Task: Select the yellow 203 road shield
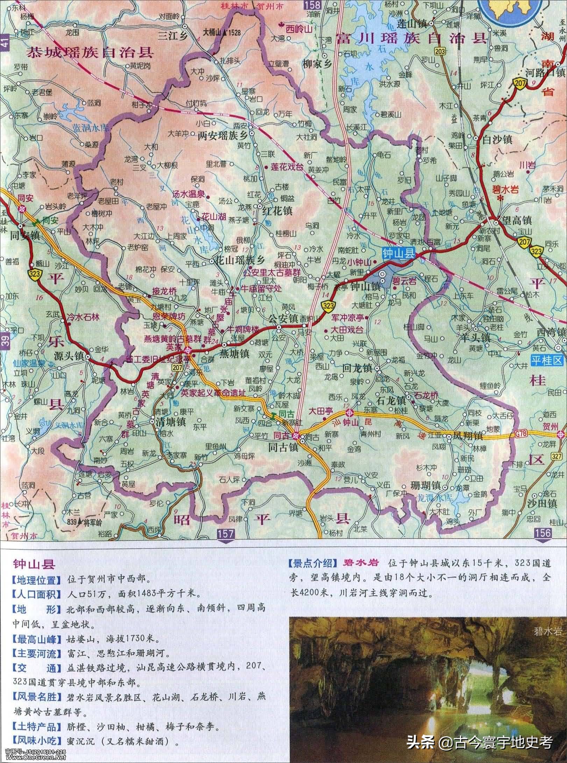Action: [x=440, y=51]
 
